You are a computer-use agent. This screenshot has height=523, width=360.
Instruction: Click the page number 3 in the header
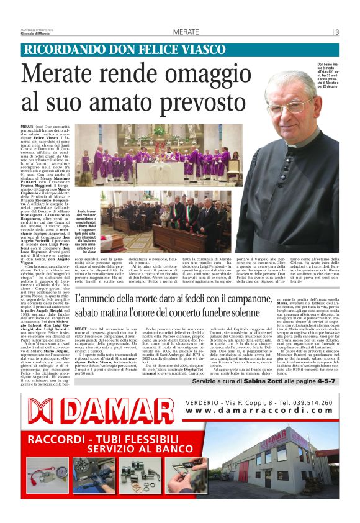[x=336, y=32]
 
